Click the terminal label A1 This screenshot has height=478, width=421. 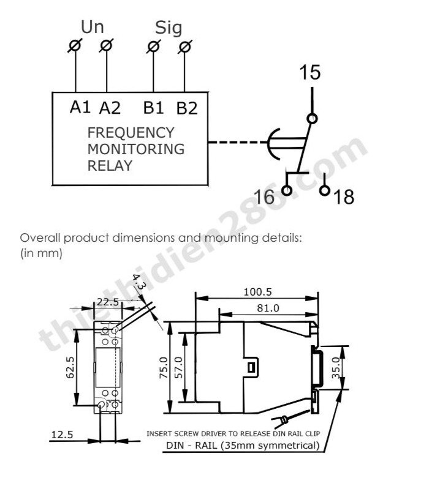80,108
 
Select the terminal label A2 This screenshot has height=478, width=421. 110,108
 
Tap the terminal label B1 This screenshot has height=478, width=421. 154,108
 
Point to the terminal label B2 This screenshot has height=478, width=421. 187,108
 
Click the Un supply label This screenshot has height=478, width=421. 92,27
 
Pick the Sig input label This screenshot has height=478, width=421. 169,28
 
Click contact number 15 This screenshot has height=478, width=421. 310,73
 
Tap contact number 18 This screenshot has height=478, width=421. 344,197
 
